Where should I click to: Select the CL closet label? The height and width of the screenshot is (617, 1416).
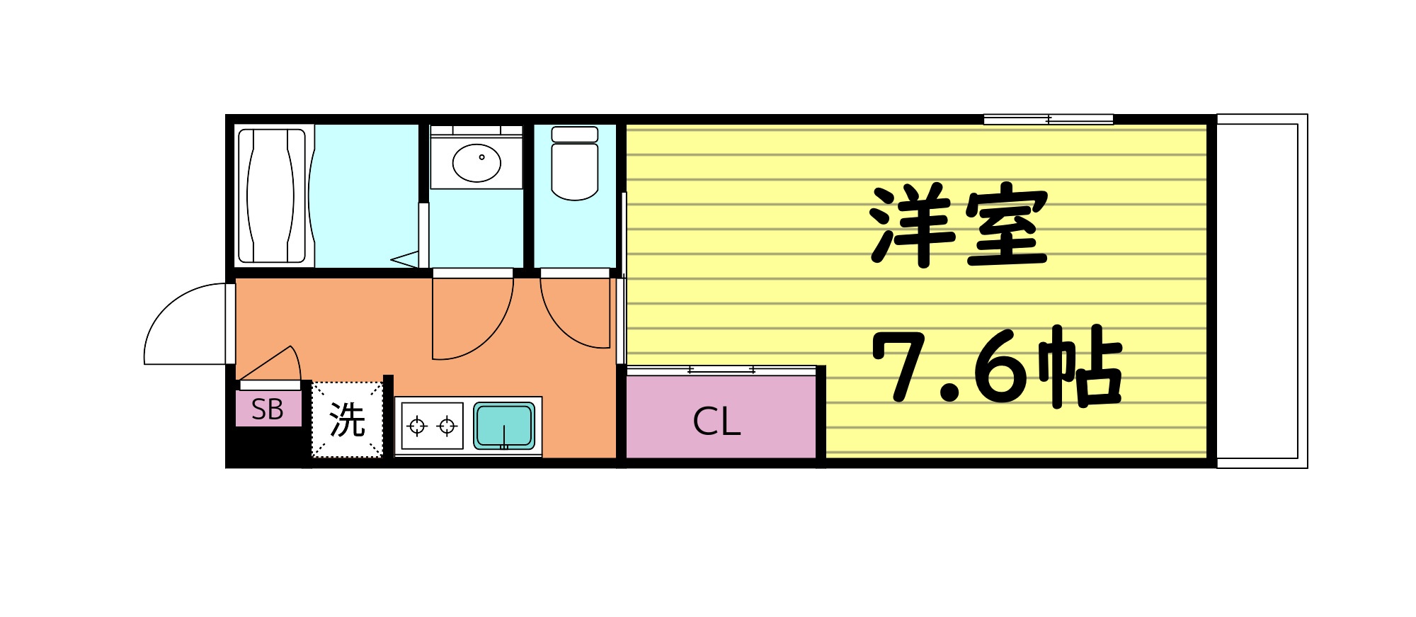[716, 422]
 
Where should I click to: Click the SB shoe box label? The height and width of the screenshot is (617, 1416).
[268, 410]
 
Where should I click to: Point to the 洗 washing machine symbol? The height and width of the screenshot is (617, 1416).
[347, 420]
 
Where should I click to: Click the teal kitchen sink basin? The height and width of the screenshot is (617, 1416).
[503, 425]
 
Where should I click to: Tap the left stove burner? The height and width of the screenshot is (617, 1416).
[417, 426]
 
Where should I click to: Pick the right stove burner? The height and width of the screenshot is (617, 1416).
[447, 426]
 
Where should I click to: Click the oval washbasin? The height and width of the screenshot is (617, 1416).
[476, 162]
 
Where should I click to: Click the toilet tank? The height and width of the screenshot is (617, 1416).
[574, 134]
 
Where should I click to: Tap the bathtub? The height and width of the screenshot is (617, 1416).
[271, 196]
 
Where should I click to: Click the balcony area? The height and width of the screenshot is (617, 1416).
[1261, 290]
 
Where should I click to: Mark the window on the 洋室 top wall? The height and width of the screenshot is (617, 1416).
[1048, 120]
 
